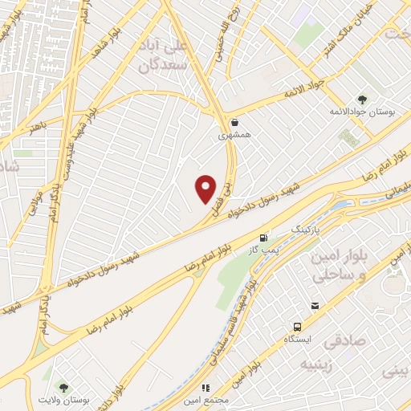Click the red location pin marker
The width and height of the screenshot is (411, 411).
pos(206,189)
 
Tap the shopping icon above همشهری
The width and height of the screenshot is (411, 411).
pos(234,122)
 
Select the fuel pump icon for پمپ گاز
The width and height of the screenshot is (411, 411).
pos(262,238)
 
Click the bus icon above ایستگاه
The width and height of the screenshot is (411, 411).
pos(298,327)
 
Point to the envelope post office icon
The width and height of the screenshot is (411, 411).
pos(315,305)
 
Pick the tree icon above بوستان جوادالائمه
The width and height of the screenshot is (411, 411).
pos(363,100)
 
